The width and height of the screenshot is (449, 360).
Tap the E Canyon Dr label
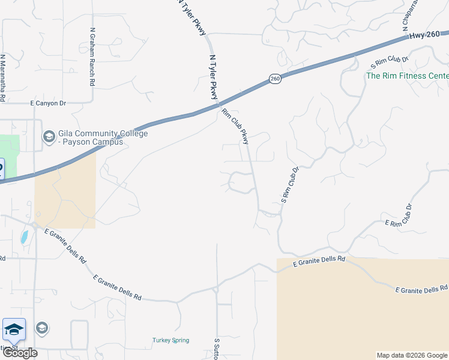tap(48, 103)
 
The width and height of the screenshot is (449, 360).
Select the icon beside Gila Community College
tap(48, 137)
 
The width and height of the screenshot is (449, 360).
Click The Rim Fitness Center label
tap(407, 76)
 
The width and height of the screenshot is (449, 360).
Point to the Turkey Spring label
tap(170, 340)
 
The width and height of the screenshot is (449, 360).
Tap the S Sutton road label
tap(217, 348)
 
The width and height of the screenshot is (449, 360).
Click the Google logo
tap(19, 353)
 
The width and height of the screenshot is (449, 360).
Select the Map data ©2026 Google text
tap(412, 355)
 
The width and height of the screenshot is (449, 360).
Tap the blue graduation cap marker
tap(14, 329)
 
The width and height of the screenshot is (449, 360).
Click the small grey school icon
tap(41, 328)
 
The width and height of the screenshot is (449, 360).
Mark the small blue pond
tap(24, 236)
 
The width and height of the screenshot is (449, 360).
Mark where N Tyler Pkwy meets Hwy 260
tap(217, 106)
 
